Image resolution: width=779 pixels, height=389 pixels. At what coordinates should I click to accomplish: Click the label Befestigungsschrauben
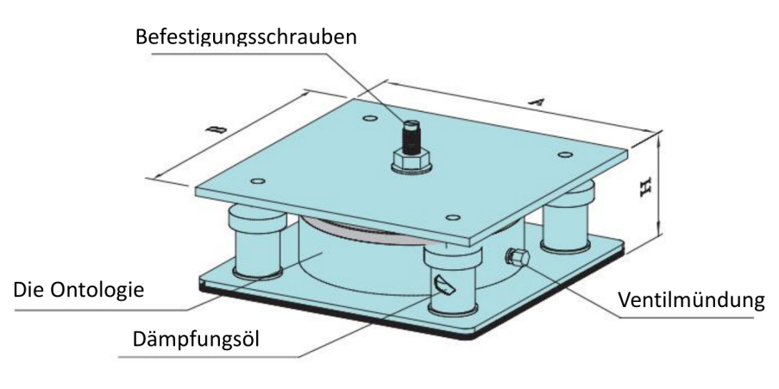tap(246, 37)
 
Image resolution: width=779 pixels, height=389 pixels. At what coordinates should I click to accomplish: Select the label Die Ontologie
tap(79, 289)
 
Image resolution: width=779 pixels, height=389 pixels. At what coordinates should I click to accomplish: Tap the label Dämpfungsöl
tap(196, 339)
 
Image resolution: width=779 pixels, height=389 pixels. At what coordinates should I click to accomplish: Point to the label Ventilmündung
tap(691, 299)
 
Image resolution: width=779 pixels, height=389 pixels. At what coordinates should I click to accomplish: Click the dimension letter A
tap(536, 103)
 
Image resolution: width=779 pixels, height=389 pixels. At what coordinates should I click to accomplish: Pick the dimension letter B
tap(217, 129)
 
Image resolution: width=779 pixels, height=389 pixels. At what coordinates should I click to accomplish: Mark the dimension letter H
tap(645, 187)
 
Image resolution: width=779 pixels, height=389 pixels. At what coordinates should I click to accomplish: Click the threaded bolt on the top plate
tap(410, 136)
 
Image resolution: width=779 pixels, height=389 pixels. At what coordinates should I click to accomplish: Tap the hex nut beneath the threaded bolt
tap(411, 160)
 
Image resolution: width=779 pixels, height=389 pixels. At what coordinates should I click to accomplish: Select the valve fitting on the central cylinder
tap(518, 257)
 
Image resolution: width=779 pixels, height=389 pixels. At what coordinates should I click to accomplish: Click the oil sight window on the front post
tap(444, 285)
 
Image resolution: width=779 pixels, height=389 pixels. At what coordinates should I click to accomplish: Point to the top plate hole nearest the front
tap(453, 217)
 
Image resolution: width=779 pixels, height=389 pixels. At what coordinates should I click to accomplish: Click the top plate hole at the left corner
tap(257, 181)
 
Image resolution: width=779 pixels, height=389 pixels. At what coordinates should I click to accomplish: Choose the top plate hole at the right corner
tap(565, 155)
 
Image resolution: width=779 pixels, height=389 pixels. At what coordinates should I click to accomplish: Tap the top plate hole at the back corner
tap(369, 118)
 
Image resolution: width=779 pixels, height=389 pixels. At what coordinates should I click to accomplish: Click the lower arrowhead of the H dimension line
tap(659, 236)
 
